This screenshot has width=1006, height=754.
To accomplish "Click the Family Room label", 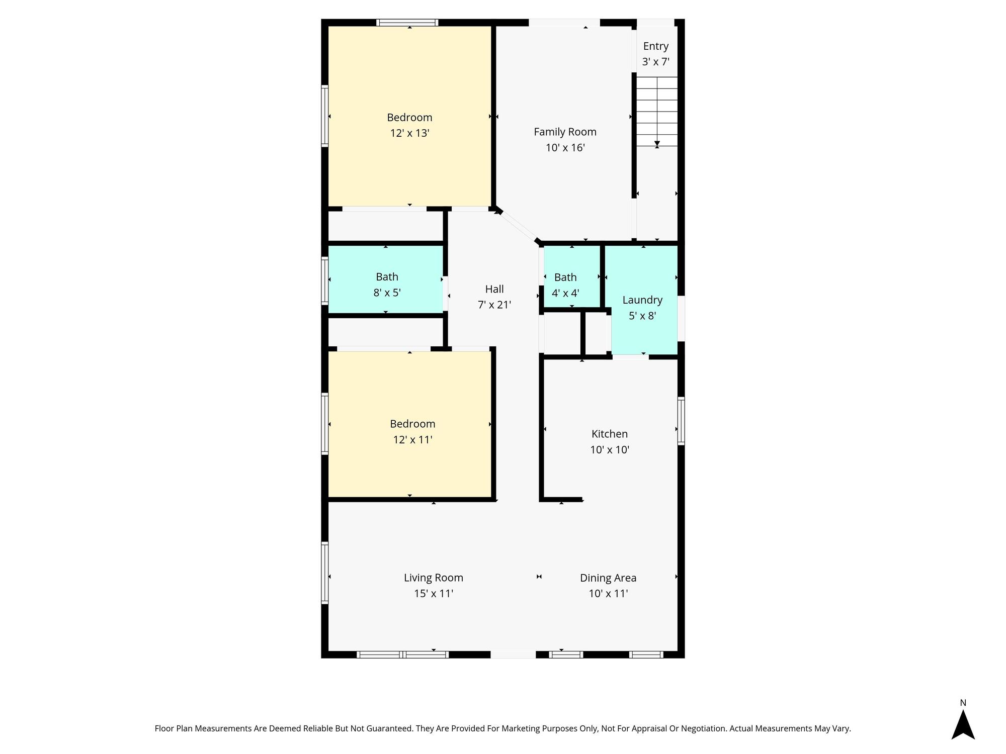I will click(x=565, y=132).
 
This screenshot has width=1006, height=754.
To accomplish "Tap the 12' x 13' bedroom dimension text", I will click(x=409, y=133).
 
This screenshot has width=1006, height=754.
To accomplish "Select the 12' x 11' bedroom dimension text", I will click(x=412, y=440).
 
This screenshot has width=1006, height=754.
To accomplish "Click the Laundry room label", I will click(x=642, y=300).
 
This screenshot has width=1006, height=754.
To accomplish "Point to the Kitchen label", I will click(x=609, y=434).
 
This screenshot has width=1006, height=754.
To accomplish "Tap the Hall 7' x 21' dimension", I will click(x=494, y=305).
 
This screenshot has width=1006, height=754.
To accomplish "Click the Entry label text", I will click(x=656, y=46).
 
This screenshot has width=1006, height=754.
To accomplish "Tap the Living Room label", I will click(x=433, y=578).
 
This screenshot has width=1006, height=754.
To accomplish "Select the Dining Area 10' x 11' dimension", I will click(x=608, y=594).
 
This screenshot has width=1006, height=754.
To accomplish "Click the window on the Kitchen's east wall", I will click(x=681, y=421).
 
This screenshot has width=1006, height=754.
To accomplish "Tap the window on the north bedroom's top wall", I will click(x=407, y=23).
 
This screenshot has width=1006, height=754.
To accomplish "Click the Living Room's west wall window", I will click(x=325, y=573).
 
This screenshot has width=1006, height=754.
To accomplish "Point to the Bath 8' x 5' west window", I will click(x=325, y=280).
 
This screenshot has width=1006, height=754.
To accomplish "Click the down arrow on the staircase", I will click(x=657, y=144).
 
